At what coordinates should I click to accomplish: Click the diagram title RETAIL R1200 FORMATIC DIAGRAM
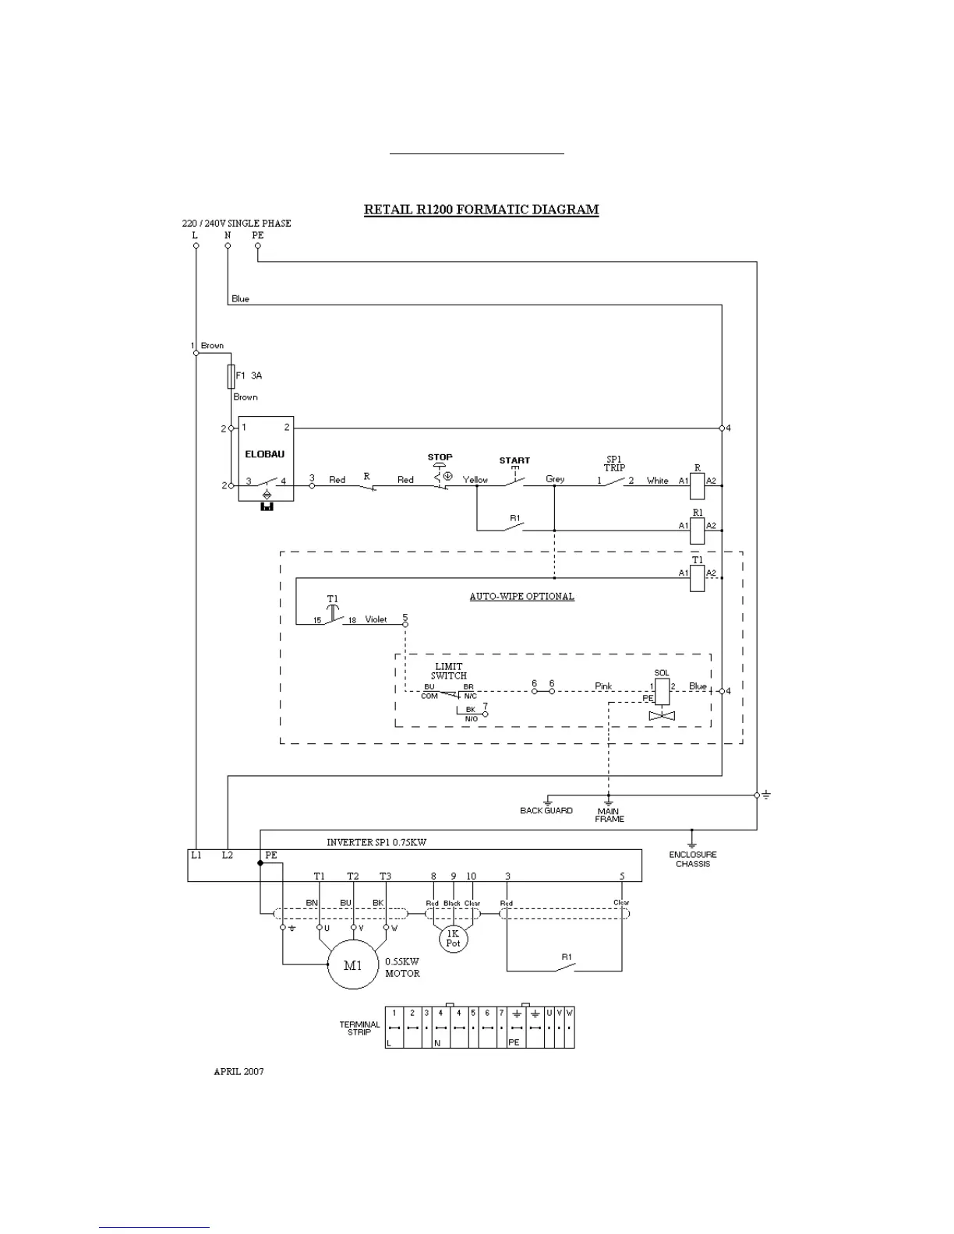pos(481,210)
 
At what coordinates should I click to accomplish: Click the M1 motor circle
pos(354,965)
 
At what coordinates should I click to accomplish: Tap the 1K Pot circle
pos(453,938)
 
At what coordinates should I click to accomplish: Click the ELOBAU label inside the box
pos(265,454)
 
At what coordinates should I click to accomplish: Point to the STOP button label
pos(440,457)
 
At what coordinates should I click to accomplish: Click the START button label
pos(514,460)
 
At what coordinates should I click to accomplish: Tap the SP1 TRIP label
pos(614,464)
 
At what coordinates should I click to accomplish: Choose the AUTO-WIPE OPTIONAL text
pos(521,597)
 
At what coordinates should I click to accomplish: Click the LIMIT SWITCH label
pos(449,671)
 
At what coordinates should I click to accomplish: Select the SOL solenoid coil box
pos(662,690)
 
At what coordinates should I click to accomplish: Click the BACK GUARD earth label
pos(546,811)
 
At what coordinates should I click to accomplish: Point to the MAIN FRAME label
pos(609,815)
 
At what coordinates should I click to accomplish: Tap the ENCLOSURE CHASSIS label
pos(692,859)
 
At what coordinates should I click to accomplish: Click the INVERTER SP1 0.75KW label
pos(376,842)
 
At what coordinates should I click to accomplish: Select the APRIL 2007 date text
pos(238,1071)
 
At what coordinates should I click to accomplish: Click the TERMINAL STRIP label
pos(359,1028)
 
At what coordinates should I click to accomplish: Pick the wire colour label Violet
pos(376,619)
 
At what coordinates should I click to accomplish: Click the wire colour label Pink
pos(603,686)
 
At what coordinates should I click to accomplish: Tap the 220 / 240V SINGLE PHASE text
pos(236,223)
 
